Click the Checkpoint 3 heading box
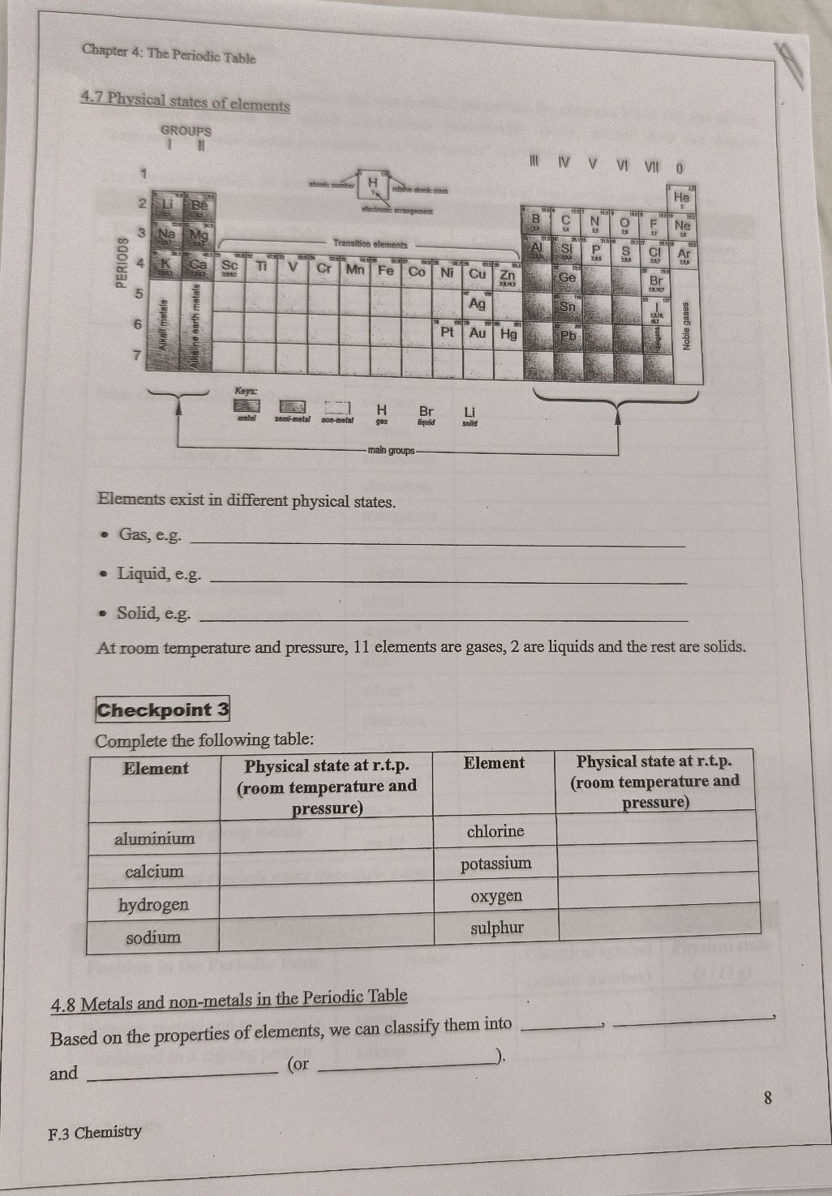tap(163, 709)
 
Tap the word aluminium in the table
tap(154, 838)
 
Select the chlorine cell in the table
tap(495, 831)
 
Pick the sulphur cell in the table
tap(496, 928)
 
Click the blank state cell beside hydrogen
tap(326, 902)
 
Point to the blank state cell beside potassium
tap(657, 862)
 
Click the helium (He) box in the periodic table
tap(680, 196)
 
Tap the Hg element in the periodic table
tap(508, 333)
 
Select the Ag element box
tap(478, 303)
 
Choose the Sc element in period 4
tap(230, 265)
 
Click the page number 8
tap(767, 1098)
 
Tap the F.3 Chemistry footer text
tap(96, 1132)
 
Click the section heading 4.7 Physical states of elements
tap(185, 102)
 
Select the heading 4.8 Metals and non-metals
tap(229, 1000)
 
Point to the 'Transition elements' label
tap(370, 243)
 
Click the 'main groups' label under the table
tap(390, 450)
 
